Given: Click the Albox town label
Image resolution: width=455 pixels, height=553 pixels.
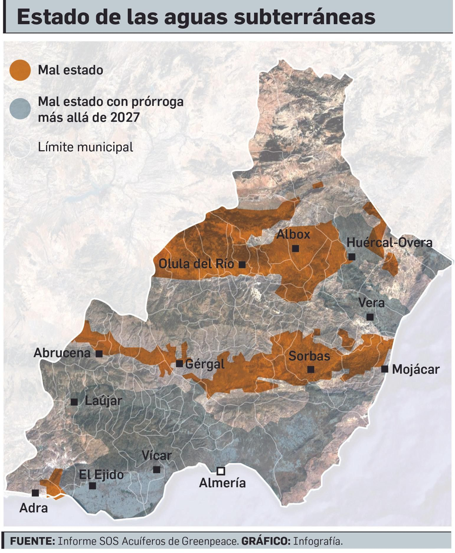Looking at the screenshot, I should click(293, 234).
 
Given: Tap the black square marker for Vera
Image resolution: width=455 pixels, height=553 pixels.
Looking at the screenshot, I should click(370, 317).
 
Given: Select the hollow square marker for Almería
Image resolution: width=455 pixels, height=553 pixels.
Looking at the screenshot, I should click(221, 471).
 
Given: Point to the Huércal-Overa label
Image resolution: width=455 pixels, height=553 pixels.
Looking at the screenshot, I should click(389, 243).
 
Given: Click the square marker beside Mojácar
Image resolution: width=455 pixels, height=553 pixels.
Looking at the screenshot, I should click(384, 369).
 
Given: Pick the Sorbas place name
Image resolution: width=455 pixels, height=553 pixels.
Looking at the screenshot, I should click(309, 356).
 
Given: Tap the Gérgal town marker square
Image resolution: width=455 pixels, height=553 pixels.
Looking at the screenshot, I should click(179, 363).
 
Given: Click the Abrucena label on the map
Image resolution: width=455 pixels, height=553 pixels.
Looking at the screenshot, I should click(62, 353).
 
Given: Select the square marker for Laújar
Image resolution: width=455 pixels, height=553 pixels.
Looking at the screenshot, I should click(74, 402).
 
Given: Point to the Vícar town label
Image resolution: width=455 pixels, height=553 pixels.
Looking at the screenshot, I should click(157, 456).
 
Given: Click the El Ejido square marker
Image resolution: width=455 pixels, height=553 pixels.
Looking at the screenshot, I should click(92, 486).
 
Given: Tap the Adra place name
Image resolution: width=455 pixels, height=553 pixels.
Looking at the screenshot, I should click(34, 508).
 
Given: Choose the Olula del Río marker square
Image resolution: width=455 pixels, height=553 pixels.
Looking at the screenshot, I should click(242, 265).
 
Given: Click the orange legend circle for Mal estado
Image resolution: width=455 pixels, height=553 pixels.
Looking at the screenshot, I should click(20, 70).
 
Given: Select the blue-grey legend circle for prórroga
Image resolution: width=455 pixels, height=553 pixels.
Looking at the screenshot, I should click(20, 109).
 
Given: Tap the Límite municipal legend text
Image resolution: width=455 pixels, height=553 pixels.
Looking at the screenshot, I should click(85, 147).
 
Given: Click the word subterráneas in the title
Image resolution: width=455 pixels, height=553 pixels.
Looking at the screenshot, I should click(304, 17).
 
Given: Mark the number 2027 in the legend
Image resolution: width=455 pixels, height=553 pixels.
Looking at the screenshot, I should click(125, 117).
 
